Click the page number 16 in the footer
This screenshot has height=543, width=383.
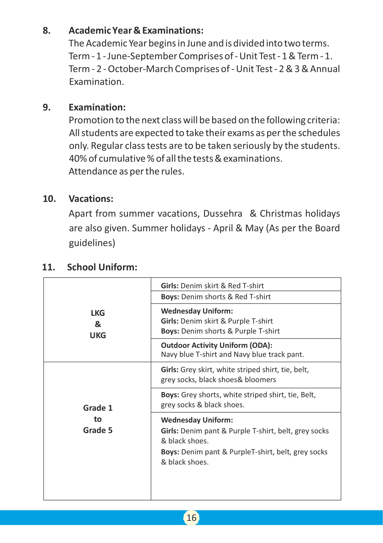point(191,518)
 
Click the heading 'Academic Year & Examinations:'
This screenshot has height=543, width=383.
point(136,31)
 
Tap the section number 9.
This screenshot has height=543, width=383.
point(47,107)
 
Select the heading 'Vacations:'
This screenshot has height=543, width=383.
point(91,199)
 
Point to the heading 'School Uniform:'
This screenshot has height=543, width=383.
point(102,267)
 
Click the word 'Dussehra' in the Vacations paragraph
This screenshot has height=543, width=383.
point(222,213)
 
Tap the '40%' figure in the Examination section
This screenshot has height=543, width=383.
point(78,159)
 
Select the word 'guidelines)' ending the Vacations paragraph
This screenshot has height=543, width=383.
point(92,243)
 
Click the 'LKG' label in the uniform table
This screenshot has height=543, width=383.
point(98,313)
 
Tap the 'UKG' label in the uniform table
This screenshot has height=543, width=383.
point(98,335)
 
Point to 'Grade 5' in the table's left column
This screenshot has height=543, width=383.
point(98,430)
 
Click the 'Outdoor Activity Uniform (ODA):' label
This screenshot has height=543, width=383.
point(216,345)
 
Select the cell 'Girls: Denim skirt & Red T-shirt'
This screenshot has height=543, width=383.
point(212,286)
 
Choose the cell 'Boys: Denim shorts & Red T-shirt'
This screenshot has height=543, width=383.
point(216,297)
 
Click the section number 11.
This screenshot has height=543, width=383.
point(48,267)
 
